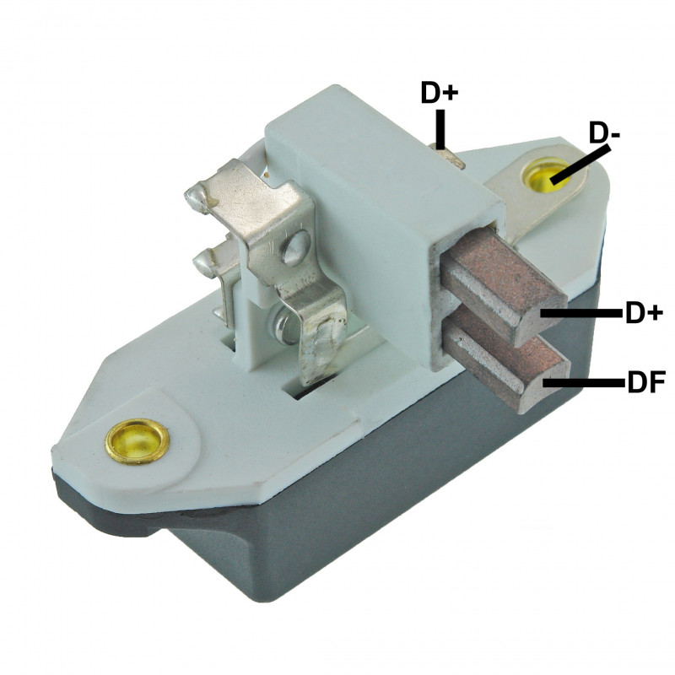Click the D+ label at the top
[439, 94]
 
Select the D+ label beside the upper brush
[642, 314]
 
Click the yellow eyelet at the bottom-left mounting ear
[137, 440]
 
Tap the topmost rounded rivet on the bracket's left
[196, 201]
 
